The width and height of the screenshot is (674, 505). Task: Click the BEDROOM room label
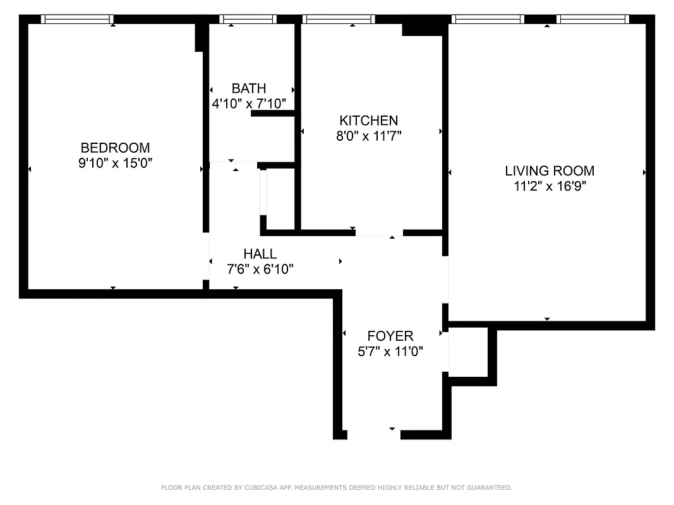[115, 148]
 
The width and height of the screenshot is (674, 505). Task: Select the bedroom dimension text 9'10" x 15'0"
[115, 163]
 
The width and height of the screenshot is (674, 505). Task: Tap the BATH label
[248, 88]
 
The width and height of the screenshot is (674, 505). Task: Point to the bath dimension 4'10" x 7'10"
[249, 103]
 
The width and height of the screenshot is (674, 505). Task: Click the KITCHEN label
[368, 121]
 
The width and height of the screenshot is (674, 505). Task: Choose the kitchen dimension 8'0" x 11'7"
[369, 135]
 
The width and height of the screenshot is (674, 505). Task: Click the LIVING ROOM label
[550, 170]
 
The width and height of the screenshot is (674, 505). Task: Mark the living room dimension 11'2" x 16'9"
[550, 186]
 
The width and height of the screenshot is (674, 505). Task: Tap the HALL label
[260, 254]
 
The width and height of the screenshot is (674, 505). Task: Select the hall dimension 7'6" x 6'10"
[260, 269]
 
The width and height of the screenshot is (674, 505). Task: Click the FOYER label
[390, 336]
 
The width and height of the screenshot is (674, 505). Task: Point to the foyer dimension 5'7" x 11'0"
[390, 351]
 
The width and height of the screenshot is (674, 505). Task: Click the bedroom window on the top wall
[77, 19]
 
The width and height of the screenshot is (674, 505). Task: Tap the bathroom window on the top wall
[248, 19]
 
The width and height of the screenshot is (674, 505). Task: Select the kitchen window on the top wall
[339, 19]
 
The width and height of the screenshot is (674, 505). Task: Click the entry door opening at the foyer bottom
[374, 434]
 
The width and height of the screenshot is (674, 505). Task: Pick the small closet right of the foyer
[468, 351]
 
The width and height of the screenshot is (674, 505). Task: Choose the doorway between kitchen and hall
[379, 232]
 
